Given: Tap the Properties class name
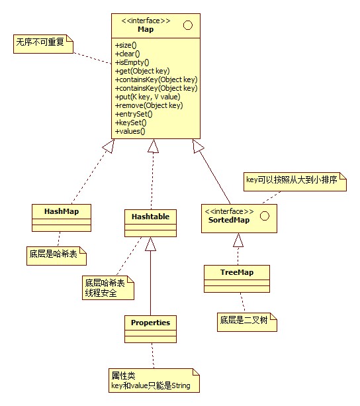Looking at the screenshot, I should pos(150,323).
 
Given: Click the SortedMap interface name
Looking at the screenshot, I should pos(225,220).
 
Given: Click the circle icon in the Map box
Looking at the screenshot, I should pos(187,26).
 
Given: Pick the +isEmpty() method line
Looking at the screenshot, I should pos(132,62).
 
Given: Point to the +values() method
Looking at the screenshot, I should pos(130,131).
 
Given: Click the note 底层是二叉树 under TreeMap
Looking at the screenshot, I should pos(245,322).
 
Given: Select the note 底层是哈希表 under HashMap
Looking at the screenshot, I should pos(56,254).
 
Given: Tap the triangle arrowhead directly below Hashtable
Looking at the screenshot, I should pos(150,244).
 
